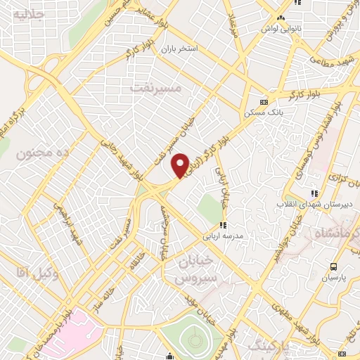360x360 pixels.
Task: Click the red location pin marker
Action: click(x=181, y=165)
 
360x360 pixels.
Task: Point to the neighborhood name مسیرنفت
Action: click(x=156, y=88)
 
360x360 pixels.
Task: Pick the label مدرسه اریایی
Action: click(x=224, y=236)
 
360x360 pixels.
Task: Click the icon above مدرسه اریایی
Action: click(x=223, y=226)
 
